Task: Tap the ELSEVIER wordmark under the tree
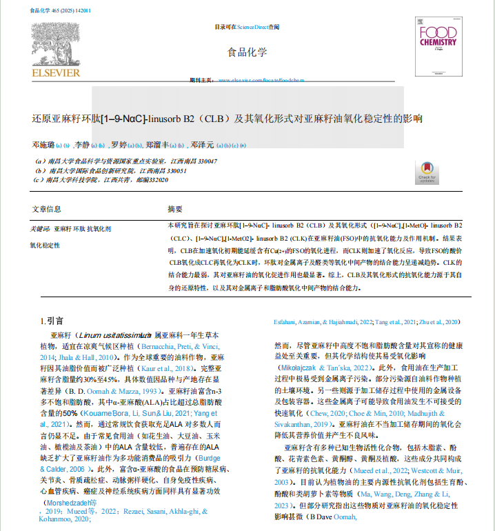click(x=55, y=72)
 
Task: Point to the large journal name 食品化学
click(x=247, y=52)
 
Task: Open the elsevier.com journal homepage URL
click(x=261, y=81)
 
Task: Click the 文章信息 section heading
click(x=46, y=209)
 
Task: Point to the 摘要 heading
click(x=175, y=209)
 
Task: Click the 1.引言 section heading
click(x=52, y=321)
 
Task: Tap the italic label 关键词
click(x=40, y=228)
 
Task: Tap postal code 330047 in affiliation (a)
click(x=203, y=161)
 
